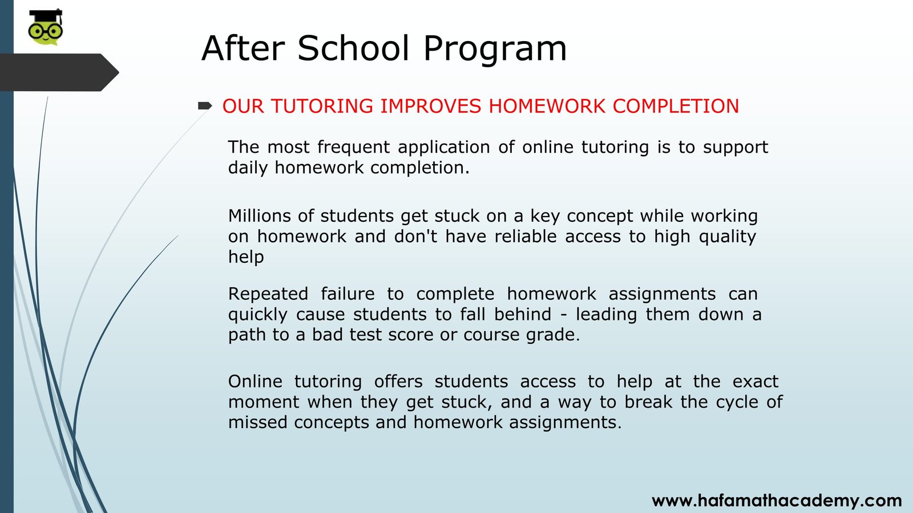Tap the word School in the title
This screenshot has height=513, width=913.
tap(353, 48)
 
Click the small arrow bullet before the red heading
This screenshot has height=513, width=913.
tap(205, 106)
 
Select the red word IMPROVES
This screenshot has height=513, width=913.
tap(430, 106)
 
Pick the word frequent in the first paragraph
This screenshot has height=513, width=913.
tap(353, 148)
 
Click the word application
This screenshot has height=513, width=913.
tap(444, 148)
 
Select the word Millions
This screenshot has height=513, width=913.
tap(260, 216)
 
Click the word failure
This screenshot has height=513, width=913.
tap(348, 294)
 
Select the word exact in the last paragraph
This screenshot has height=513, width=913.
tap(756, 382)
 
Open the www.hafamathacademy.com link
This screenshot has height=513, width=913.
tap(777, 500)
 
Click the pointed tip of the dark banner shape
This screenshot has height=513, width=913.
tap(119, 72)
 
